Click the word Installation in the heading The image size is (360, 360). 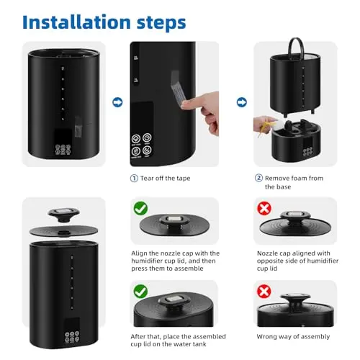pos(76,22)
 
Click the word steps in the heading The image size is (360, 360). pos(161,23)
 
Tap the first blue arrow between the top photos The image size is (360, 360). pos(117,102)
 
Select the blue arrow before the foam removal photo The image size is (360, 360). pos(241,102)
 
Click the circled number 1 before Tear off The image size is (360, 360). pos(134,179)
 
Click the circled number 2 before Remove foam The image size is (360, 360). pos(258,178)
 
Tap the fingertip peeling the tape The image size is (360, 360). pos(186,104)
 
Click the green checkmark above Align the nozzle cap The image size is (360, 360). pos(140,208)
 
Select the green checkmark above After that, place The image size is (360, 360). pos(140,292)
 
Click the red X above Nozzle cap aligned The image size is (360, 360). pos(264,208)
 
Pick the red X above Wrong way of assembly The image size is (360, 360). pos(264,292)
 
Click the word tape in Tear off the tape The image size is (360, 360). pos(184,179)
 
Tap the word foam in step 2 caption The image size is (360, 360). pos(298,179)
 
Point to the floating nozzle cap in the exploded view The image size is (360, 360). pos(63,214)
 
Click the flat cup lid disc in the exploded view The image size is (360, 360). pos(63,231)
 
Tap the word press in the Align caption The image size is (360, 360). pos(139,269)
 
